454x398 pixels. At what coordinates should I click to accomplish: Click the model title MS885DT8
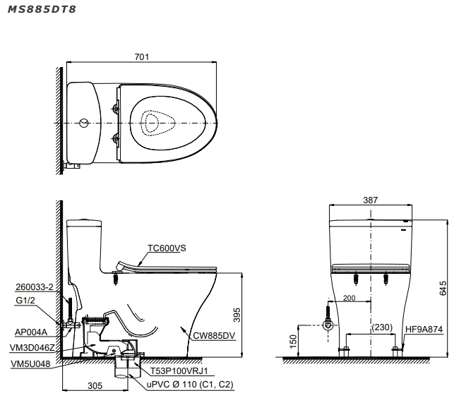coord(42,9)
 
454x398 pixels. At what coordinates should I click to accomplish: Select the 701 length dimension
coord(142,56)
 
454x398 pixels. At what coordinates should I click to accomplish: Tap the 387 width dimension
coord(370,200)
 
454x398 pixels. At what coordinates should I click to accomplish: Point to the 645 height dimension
coord(443,288)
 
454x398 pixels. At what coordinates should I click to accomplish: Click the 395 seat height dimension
coord(237,315)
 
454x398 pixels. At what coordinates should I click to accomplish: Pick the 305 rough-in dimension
coord(95,385)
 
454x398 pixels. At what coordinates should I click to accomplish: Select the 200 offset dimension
coord(350,298)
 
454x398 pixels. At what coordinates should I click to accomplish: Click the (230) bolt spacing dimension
coord(382,327)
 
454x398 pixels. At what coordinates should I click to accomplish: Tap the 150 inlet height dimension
coord(293,342)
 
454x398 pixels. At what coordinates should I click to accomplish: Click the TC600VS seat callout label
coord(167,248)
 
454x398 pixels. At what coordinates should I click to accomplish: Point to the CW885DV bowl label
coord(214,335)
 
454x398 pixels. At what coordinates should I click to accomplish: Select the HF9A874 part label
coord(424,329)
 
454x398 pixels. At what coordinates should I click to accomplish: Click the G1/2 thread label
coord(25,300)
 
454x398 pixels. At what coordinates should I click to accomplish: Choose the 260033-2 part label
coord(35,287)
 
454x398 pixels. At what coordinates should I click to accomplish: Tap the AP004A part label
coord(31,332)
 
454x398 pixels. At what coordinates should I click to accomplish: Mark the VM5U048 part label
coord(30,363)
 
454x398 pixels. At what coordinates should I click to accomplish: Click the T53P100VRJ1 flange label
coord(179,370)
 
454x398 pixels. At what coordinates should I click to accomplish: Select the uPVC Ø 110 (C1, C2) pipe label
coord(190,385)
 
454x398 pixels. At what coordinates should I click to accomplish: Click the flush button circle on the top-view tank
coord(84,123)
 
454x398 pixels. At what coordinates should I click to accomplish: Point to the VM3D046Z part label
coord(32,348)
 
